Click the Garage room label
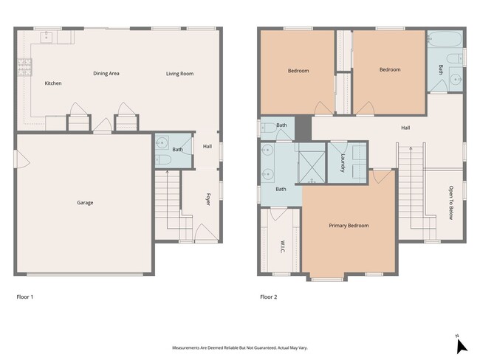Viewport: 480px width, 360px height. [x=85, y=202]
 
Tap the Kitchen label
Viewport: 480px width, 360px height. [x=53, y=83]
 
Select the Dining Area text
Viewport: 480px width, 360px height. [x=106, y=74]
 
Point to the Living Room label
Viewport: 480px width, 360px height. [x=179, y=74]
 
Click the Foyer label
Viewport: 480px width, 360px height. [x=208, y=199]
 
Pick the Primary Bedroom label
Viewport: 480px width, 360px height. [x=349, y=226]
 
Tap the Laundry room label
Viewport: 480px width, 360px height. [x=343, y=163]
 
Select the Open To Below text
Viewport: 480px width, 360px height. [x=451, y=202]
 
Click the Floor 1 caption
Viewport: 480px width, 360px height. [x=25, y=297]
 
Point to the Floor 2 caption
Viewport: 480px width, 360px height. [x=269, y=297]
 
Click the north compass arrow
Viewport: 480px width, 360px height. [x=462, y=347]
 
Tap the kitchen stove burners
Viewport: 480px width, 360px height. [x=24, y=67]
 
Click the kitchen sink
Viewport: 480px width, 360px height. [x=47, y=38]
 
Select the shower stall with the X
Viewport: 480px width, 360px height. [x=312, y=167]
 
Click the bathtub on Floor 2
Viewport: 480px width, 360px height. [x=445, y=39]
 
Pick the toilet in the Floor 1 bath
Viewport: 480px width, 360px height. [x=162, y=159]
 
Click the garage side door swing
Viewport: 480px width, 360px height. [x=22, y=159]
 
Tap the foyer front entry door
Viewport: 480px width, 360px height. [x=206, y=232]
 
